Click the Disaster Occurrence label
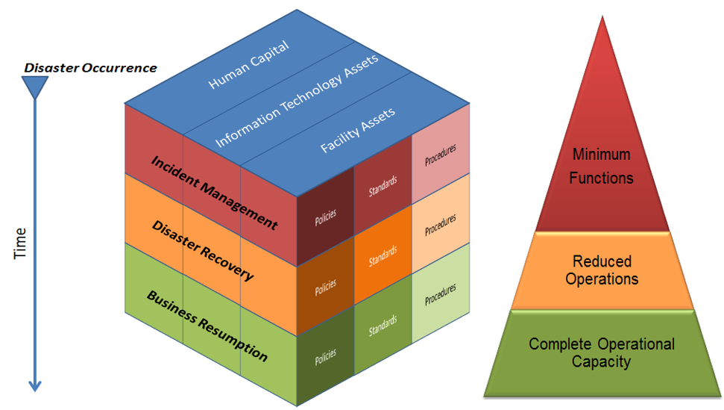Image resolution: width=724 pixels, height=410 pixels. (x=90, y=68)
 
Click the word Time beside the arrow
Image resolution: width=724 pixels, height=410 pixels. (x=21, y=243)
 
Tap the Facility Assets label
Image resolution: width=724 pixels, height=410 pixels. (x=358, y=131)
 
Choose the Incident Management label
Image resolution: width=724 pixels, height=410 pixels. (x=214, y=192)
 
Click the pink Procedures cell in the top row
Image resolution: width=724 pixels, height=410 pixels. (x=440, y=157)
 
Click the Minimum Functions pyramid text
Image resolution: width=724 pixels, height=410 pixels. (x=602, y=166)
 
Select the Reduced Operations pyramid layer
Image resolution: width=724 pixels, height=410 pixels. (x=602, y=270)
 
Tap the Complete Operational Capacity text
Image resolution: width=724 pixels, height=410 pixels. (x=602, y=352)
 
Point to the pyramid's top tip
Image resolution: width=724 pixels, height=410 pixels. (x=602, y=16)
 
